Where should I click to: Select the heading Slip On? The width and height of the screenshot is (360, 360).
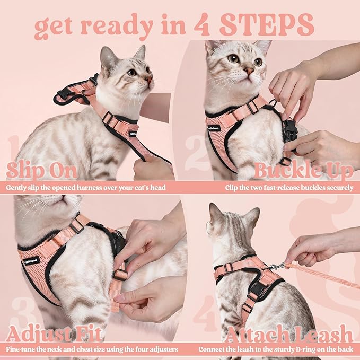tap(41, 171)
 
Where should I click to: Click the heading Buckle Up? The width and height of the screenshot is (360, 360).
tap(304, 171)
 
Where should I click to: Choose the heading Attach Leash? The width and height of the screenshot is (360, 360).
tap(289, 335)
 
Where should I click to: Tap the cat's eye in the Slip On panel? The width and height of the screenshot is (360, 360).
tap(131, 72)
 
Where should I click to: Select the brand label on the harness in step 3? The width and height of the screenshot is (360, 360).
tap(31, 260)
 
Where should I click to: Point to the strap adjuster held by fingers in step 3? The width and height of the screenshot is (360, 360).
tap(120, 275)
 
